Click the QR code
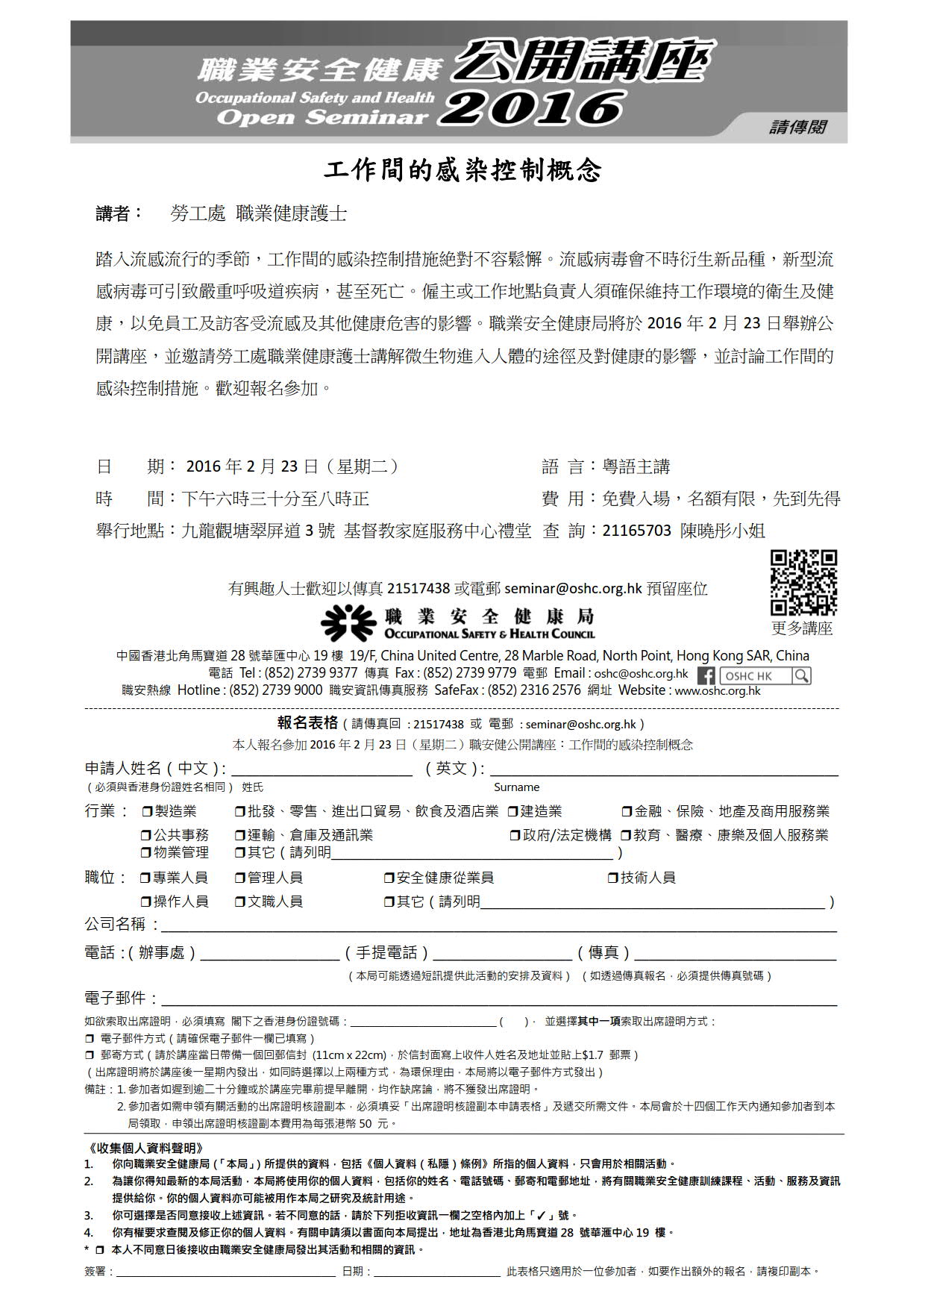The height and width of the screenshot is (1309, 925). point(803,583)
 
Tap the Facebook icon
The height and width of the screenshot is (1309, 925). point(706,675)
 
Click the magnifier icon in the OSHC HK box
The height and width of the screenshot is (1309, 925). point(801,675)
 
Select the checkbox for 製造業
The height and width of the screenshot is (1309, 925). point(148,811)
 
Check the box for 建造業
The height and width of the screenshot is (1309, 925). point(513,811)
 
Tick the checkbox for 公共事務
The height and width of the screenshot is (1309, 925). point(148,835)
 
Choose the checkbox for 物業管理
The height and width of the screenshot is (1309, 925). point(148,852)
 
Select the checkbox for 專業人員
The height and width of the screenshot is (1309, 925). point(146,878)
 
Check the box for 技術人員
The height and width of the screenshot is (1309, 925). point(614,878)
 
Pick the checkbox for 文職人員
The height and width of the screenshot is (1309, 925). point(241,902)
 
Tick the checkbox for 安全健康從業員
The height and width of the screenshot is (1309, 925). point(389,878)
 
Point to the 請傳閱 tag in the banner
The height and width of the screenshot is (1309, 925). point(797,127)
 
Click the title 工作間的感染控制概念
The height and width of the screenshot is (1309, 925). point(462,170)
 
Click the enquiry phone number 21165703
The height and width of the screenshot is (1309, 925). point(636,531)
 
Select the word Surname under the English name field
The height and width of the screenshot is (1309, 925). point(516,787)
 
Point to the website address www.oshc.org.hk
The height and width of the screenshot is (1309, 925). point(718,690)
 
